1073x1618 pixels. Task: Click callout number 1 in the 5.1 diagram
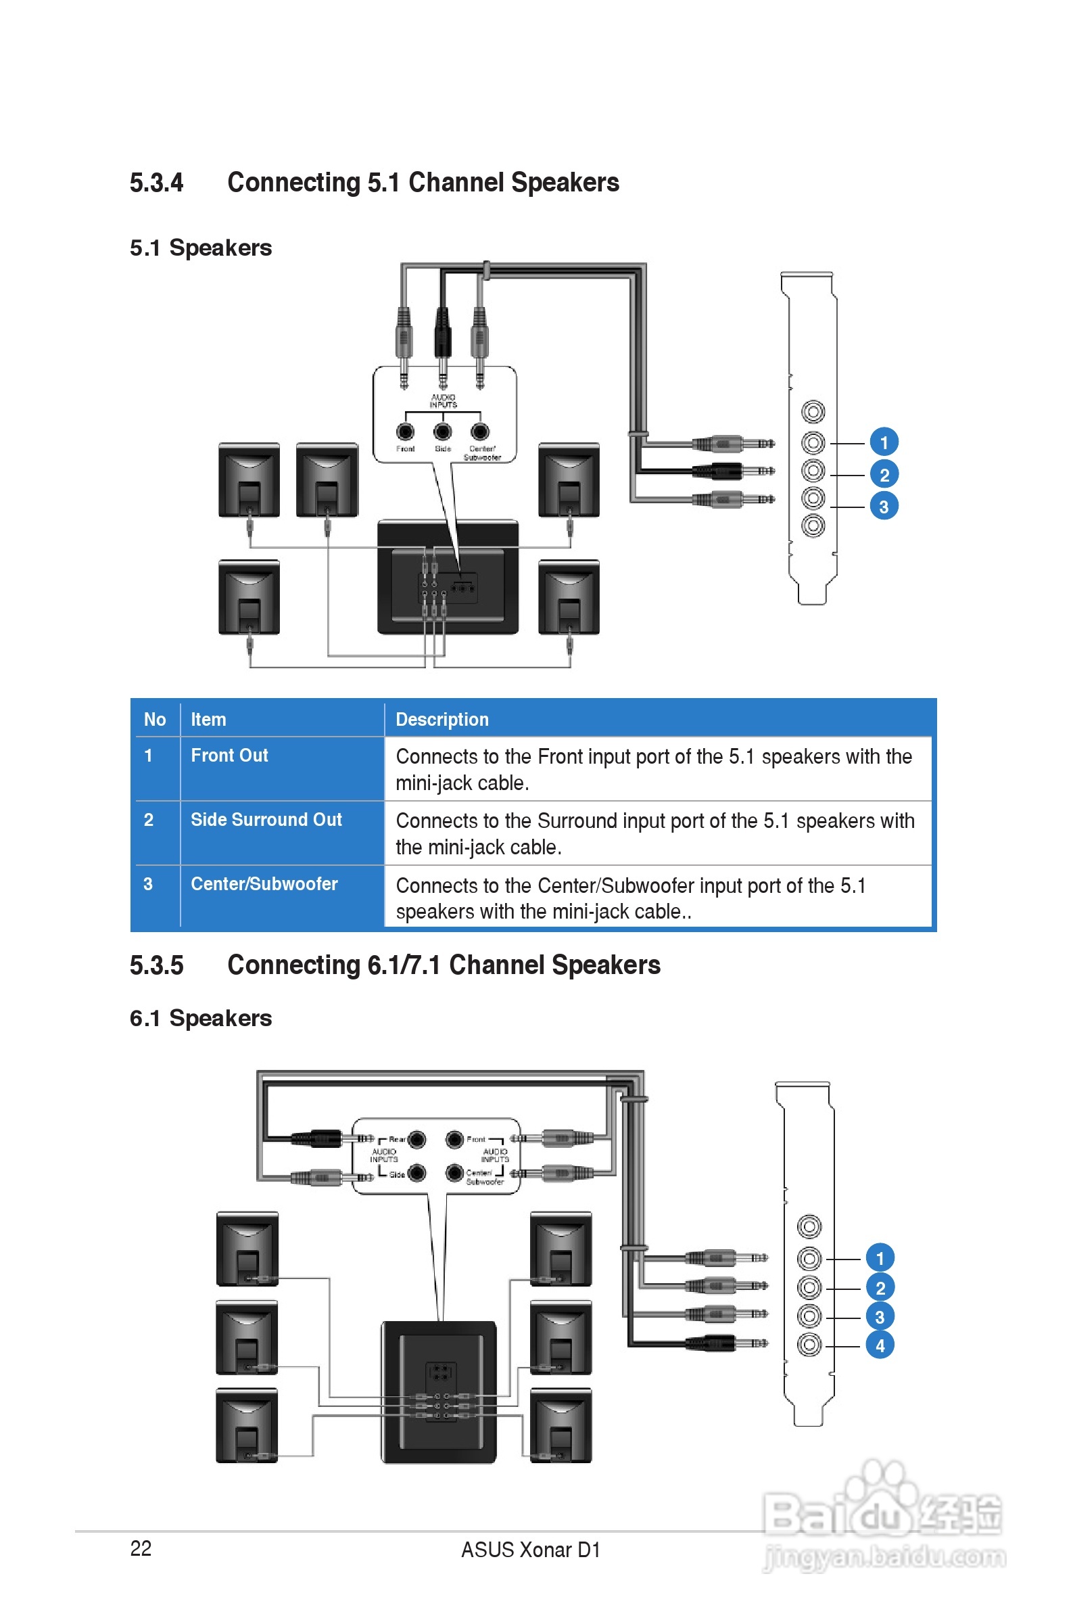pyautogui.click(x=884, y=442)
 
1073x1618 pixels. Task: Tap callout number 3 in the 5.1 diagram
pyautogui.click(x=884, y=507)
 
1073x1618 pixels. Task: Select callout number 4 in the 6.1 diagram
pyautogui.click(x=880, y=1345)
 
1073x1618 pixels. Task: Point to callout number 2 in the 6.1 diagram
pyautogui.click(x=880, y=1287)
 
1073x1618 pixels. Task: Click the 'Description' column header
pyautogui.click(x=442, y=719)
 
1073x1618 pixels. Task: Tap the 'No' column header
pyautogui.click(x=155, y=719)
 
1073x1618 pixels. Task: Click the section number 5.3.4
pyautogui.click(x=157, y=183)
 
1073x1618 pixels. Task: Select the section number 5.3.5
pyautogui.click(x=157, y=965)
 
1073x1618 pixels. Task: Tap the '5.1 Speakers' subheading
pyautogui.click(x=201, y=248)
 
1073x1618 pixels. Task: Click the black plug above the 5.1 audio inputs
pyautogui.click(x=442, y=332)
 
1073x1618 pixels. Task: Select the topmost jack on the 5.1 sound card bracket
pyautogui.click(x=813, y=412)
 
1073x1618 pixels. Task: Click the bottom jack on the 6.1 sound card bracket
pyautogui.click(x=809, y=1345)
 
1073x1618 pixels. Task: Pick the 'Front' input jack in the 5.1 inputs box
pyautogui.click(x=405, y=431)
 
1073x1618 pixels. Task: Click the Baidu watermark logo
pyautogui.click(x=883, y=1516)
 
